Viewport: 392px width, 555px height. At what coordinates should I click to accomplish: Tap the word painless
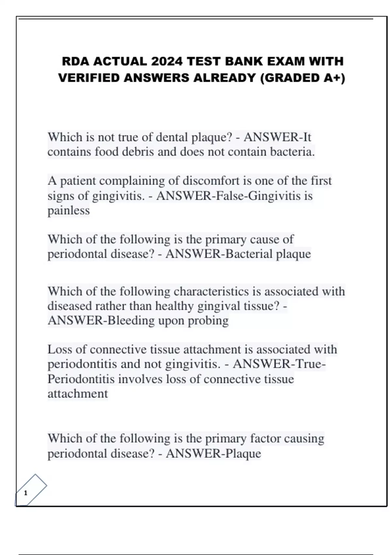pyautogui.click(x=69, y=210)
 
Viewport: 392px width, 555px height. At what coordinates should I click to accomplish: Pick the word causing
pyautogui.click(x=304, y=438)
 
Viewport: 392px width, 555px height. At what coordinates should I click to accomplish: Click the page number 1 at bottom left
pyautogui.click(x=26, y=493)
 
